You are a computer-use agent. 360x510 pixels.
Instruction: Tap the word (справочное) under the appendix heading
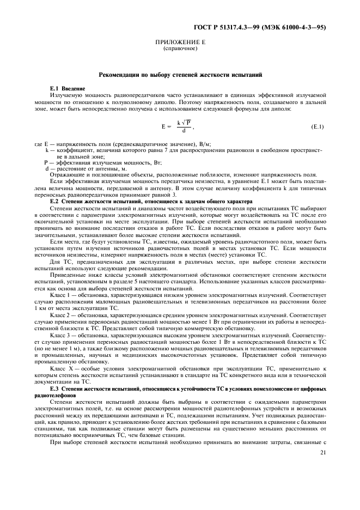click(179, 49)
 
